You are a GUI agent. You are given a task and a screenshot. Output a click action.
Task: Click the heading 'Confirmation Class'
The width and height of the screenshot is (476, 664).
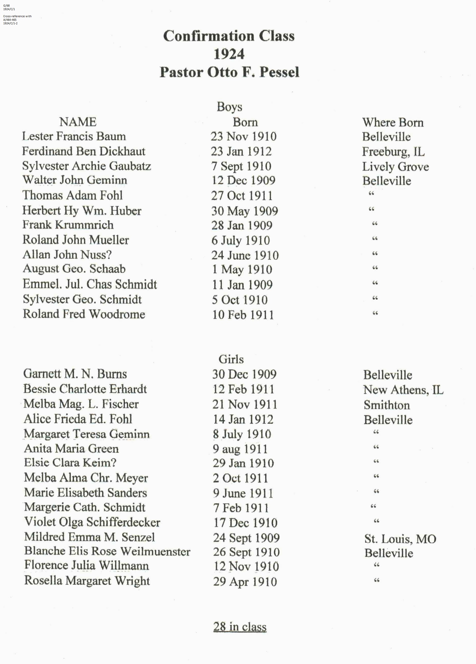pyautogui.click(x=229, y=36)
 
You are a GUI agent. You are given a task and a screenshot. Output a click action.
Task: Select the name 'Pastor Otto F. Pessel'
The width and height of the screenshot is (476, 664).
pyautogui.click(x=229, y=72)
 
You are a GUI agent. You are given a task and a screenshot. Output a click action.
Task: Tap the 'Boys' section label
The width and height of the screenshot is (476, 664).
pyautogui.click(x=229, y=107)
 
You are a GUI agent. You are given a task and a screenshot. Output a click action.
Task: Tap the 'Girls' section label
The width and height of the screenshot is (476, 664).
pyautogui.click(x=231, y=359)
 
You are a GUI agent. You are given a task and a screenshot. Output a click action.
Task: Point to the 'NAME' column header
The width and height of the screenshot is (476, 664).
pyautogui.click(x=78, y=122)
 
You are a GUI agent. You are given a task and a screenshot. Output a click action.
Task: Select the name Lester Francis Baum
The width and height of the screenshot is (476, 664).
pyautogui.click(x=74, y=136)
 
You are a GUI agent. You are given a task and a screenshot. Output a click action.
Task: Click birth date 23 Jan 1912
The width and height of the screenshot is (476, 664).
pyautogui.click(x=241, y=151)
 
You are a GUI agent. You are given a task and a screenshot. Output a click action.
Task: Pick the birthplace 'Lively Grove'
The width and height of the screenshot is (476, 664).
pyautogui.click(x=395, y=167)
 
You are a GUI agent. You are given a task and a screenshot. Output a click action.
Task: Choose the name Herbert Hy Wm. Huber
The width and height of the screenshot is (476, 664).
pyautogui.click(x=82, y=211)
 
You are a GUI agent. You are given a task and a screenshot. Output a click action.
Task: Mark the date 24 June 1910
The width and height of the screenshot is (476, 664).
pyautogui.click(x=245, y=255)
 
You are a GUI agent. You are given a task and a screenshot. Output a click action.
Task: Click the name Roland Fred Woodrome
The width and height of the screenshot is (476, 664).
pyautogui.click(x=84, y=314)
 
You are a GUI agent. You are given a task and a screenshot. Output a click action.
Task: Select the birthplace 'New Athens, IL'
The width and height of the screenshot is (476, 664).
pyautogui.click(x=403, y=390)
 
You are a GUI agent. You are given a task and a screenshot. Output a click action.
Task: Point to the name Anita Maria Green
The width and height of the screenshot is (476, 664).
pyautogui.click(x=71, y=449)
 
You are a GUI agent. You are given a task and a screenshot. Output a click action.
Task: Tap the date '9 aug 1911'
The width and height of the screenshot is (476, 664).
pyautogui.click(x=240, y=449)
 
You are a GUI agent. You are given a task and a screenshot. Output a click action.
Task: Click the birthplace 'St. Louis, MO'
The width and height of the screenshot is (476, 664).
pyautogui.click(x=400, y=539)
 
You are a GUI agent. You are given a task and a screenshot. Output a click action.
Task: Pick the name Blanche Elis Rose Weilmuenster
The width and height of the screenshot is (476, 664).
pyautogui.click(x=107, y=551)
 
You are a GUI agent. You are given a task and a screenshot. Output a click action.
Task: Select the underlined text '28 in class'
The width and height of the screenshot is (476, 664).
pyautogui.click(x=240, y=627)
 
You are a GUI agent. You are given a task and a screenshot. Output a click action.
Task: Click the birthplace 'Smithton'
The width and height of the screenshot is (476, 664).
pyautogui.click(x=386, y=405)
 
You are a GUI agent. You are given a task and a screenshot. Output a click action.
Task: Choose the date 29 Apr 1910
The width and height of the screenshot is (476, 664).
pyautogui.click(x=245, y=581)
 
